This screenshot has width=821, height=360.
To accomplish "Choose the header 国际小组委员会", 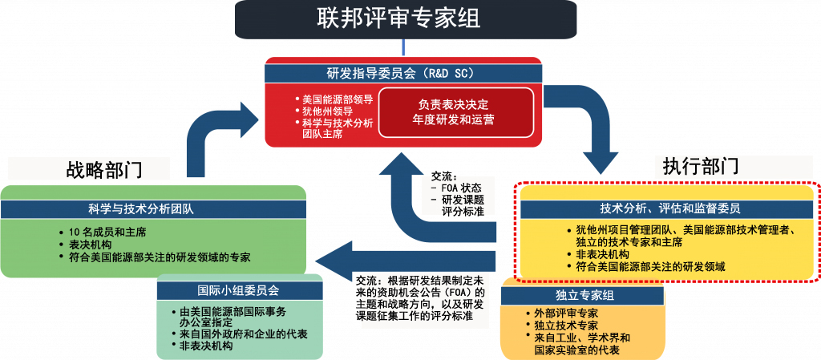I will pyautogui.click(x=239, y=289).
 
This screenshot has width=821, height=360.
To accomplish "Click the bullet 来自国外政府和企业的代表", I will pyautogui.click(x=245, y=334).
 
